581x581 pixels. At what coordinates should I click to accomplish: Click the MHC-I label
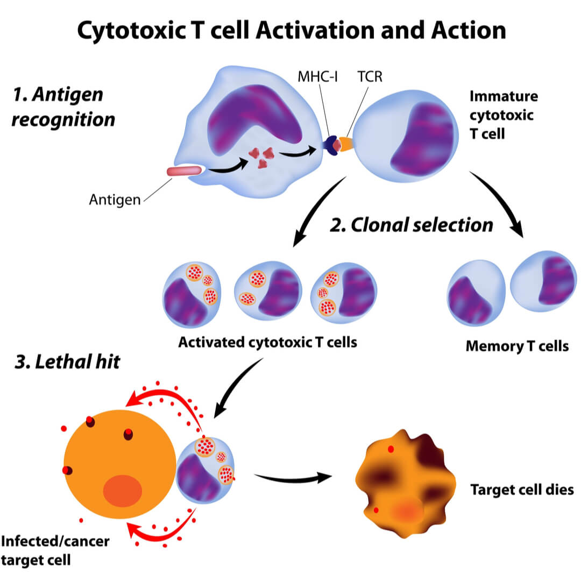pos(317,77)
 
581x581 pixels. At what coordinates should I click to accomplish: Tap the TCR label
pos(370,77)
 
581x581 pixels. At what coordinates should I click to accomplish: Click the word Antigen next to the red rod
pos(115,200)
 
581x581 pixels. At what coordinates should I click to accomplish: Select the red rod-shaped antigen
pos(184,171)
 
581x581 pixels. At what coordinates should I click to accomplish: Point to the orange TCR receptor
pos(346,144)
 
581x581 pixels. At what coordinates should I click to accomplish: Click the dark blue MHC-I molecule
pos(330,145)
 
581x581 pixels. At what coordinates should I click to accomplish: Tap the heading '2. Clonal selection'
pos(412,225)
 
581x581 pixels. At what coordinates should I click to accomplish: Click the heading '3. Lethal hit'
pos(67,362)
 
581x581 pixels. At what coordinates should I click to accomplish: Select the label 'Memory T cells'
pos(517,346)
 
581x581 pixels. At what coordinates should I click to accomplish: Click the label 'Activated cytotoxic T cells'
pos(267,342)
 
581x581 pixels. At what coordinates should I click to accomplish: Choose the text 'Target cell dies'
pos(522,490)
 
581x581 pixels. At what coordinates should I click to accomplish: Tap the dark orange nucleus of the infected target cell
pos(123,491)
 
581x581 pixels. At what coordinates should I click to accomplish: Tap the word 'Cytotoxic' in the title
pos(132,30)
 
